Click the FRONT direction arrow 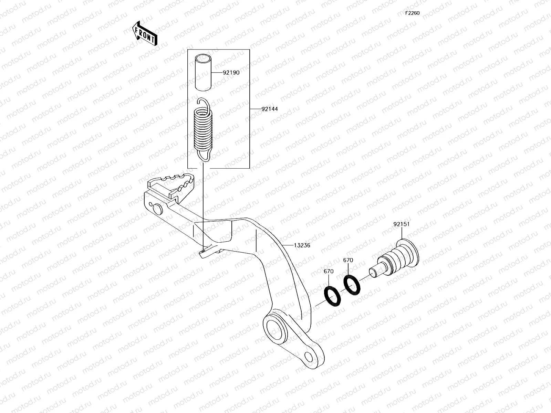pos(145,33)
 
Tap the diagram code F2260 pos(412,13)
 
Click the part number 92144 pos(269,109)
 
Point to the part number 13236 pos(302,245)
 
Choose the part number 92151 pos(402,224)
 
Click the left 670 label pos(329,271)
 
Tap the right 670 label pos(348,260)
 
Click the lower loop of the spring pos(205,155)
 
